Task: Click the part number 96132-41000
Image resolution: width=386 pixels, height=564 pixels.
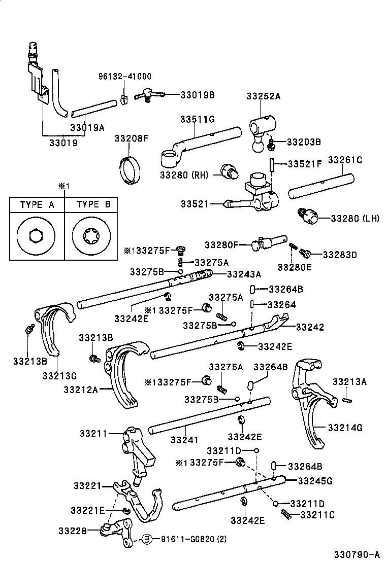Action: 124,77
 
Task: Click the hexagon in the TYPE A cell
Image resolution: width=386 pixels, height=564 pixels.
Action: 37,236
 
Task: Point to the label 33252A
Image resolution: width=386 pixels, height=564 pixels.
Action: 264,96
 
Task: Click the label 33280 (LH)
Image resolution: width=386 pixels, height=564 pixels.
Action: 355,219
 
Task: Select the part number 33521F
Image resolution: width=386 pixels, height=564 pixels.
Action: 305,164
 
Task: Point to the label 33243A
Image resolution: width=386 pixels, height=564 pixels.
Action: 244,274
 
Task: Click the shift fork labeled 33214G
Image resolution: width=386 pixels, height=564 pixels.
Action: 310,401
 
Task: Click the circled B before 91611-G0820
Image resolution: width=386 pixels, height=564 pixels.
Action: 146,539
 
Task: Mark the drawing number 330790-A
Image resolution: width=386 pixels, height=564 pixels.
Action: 357,555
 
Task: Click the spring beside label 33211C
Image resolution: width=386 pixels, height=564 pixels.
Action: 287,515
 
